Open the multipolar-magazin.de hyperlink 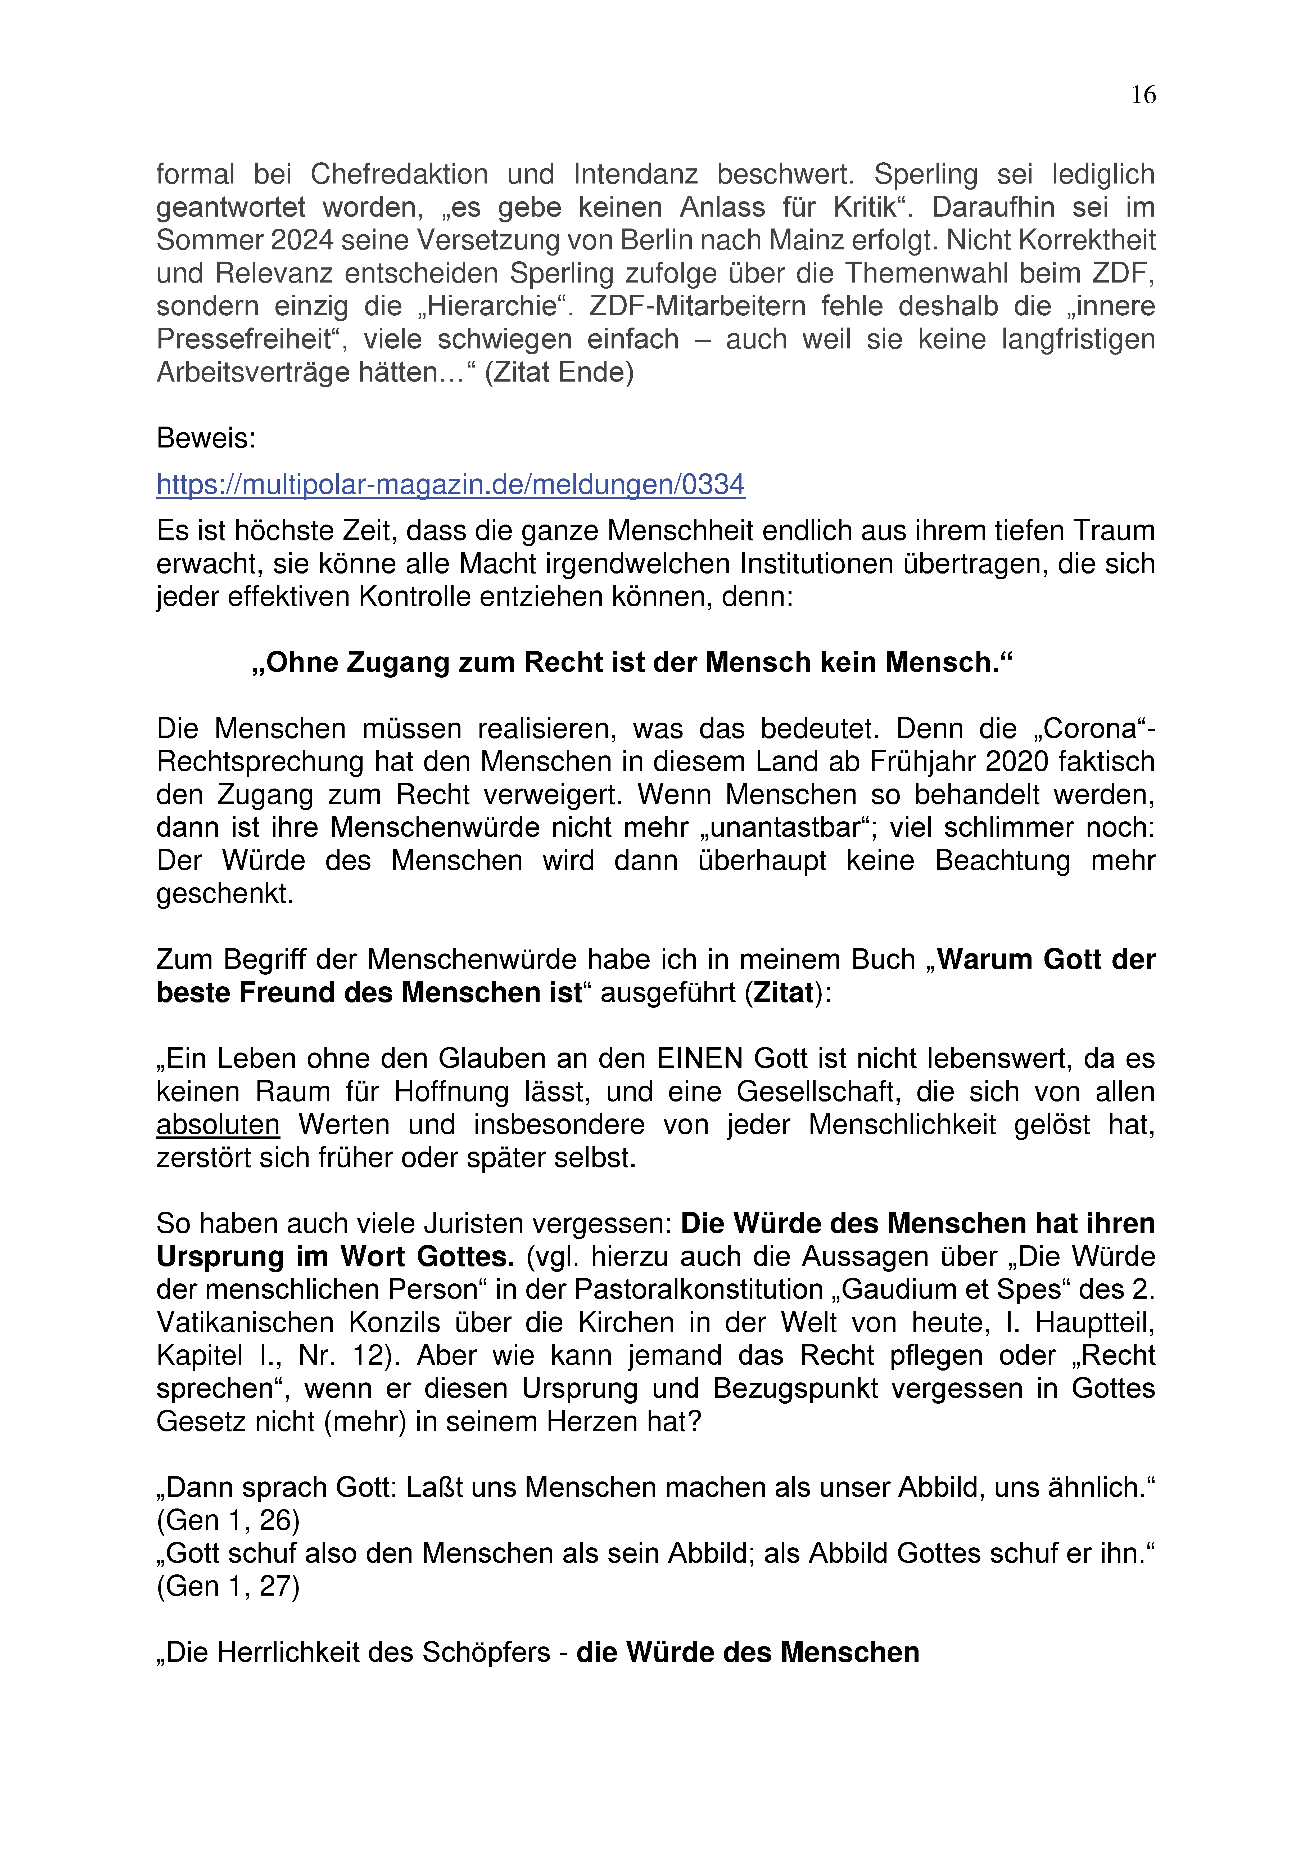point(451,485)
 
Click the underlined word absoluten point(218,1125)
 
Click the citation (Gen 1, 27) point(228,1587)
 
